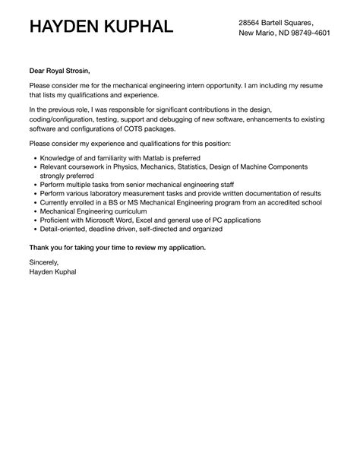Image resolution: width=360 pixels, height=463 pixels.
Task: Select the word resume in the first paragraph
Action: point(306,84)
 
